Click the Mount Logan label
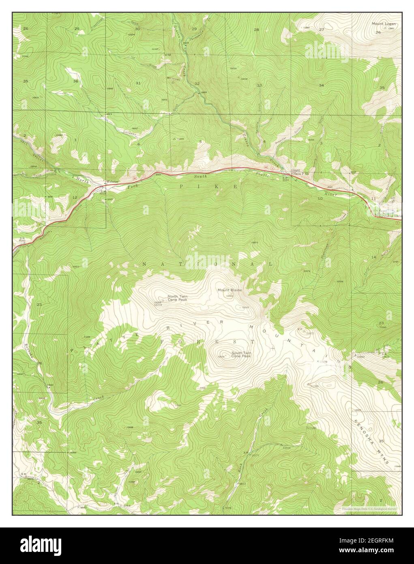point(384,24)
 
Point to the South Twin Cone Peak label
point(241,354)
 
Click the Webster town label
point(112,181)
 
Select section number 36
point(76,81)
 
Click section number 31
point(138,83)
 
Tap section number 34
point(321,85)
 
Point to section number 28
point(256,30)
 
